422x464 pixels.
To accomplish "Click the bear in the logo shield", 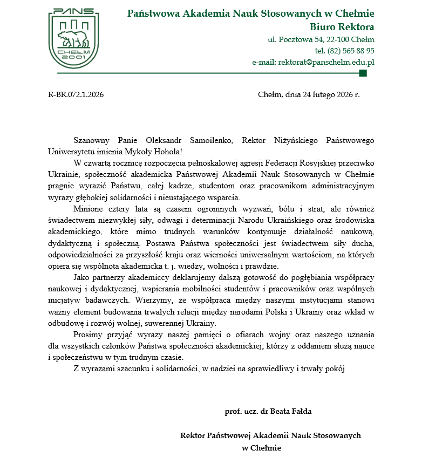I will tap(73, 39).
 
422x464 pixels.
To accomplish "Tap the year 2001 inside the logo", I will tap(74, 57).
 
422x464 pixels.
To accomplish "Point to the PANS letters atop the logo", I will tap(74, 11).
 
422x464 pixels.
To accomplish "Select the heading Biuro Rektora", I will tap(342, 27).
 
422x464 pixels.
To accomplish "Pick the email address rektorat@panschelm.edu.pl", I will tap(326, 62).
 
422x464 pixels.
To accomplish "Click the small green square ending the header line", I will tap(363, 73).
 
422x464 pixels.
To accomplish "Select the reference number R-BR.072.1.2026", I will tap(76, 94).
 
